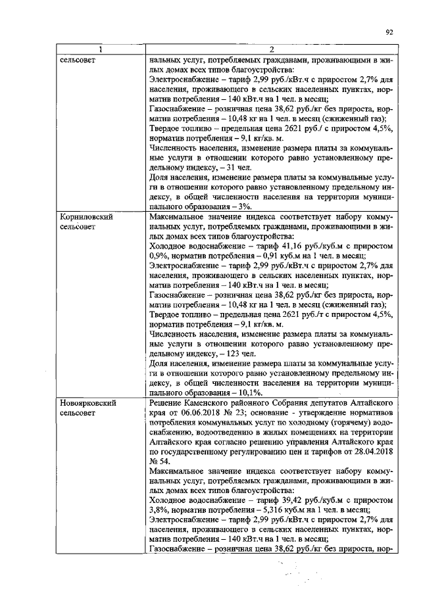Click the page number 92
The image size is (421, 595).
[x=389, y=31]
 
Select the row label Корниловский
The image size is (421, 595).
[x=84, y=216]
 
